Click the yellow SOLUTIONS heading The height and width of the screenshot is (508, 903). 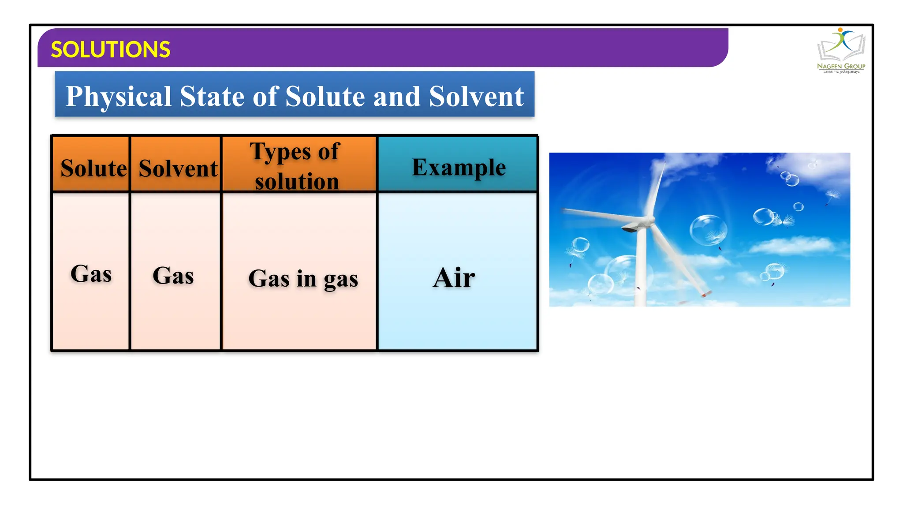pyautogui.click(x=110, y=49)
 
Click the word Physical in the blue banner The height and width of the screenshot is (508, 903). pyautogui.click(x=118, y=97)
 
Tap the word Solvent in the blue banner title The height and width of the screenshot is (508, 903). pyautogui.click(x=476, y=97)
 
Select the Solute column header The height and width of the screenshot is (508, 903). pyautogui.click(x=93, y=168)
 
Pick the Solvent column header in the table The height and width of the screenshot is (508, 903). pyautogui.click(x=178, y=168)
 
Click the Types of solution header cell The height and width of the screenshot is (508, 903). pyautogui.click(x=296, y=166)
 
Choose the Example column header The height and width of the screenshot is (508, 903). pyautogui.click(x=459, y=167)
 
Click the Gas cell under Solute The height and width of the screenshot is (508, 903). pyautogui.click(x=91, y=273)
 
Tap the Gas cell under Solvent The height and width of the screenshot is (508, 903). pyautogui.click(x=173, y=276)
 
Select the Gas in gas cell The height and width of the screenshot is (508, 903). pyautogui.click(x=303, y=279)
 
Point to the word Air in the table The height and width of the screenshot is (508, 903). pyautogui.click(x=454, y=278)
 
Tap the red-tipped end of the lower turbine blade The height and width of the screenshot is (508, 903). pyautogui.click(x=705, y=294)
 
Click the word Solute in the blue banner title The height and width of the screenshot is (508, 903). pyautogui.click(x=325, y=97)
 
